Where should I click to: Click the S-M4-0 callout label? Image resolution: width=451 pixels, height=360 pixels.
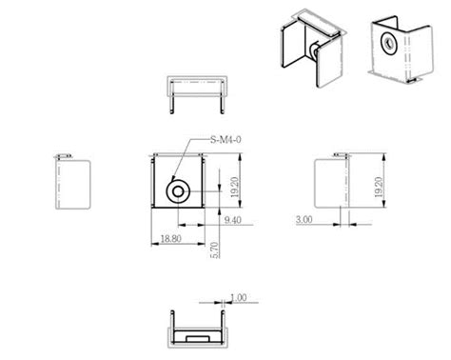tap(225, 139)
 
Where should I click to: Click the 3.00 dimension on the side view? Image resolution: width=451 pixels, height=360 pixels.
tap(304, 220)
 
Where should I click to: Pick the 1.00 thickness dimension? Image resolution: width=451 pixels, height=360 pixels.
tap(238, 298)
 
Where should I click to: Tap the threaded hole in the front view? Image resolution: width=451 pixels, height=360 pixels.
tap(178, 191)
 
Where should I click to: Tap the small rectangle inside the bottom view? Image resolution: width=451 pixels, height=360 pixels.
tap(199, 338)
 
